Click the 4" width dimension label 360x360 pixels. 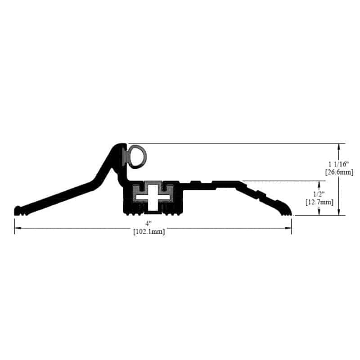point(148,223)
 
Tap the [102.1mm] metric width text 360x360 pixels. point(149,231)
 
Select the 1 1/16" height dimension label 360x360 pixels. point(339,164)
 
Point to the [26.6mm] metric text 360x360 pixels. point(339,172)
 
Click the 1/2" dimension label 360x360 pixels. point(319,194)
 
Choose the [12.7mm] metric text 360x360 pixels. point(319,202)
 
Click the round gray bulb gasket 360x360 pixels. point(137,156)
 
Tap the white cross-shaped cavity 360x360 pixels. point(153,198)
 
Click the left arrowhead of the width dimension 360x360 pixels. point(18,228)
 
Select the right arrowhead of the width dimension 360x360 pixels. point(288,228)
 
